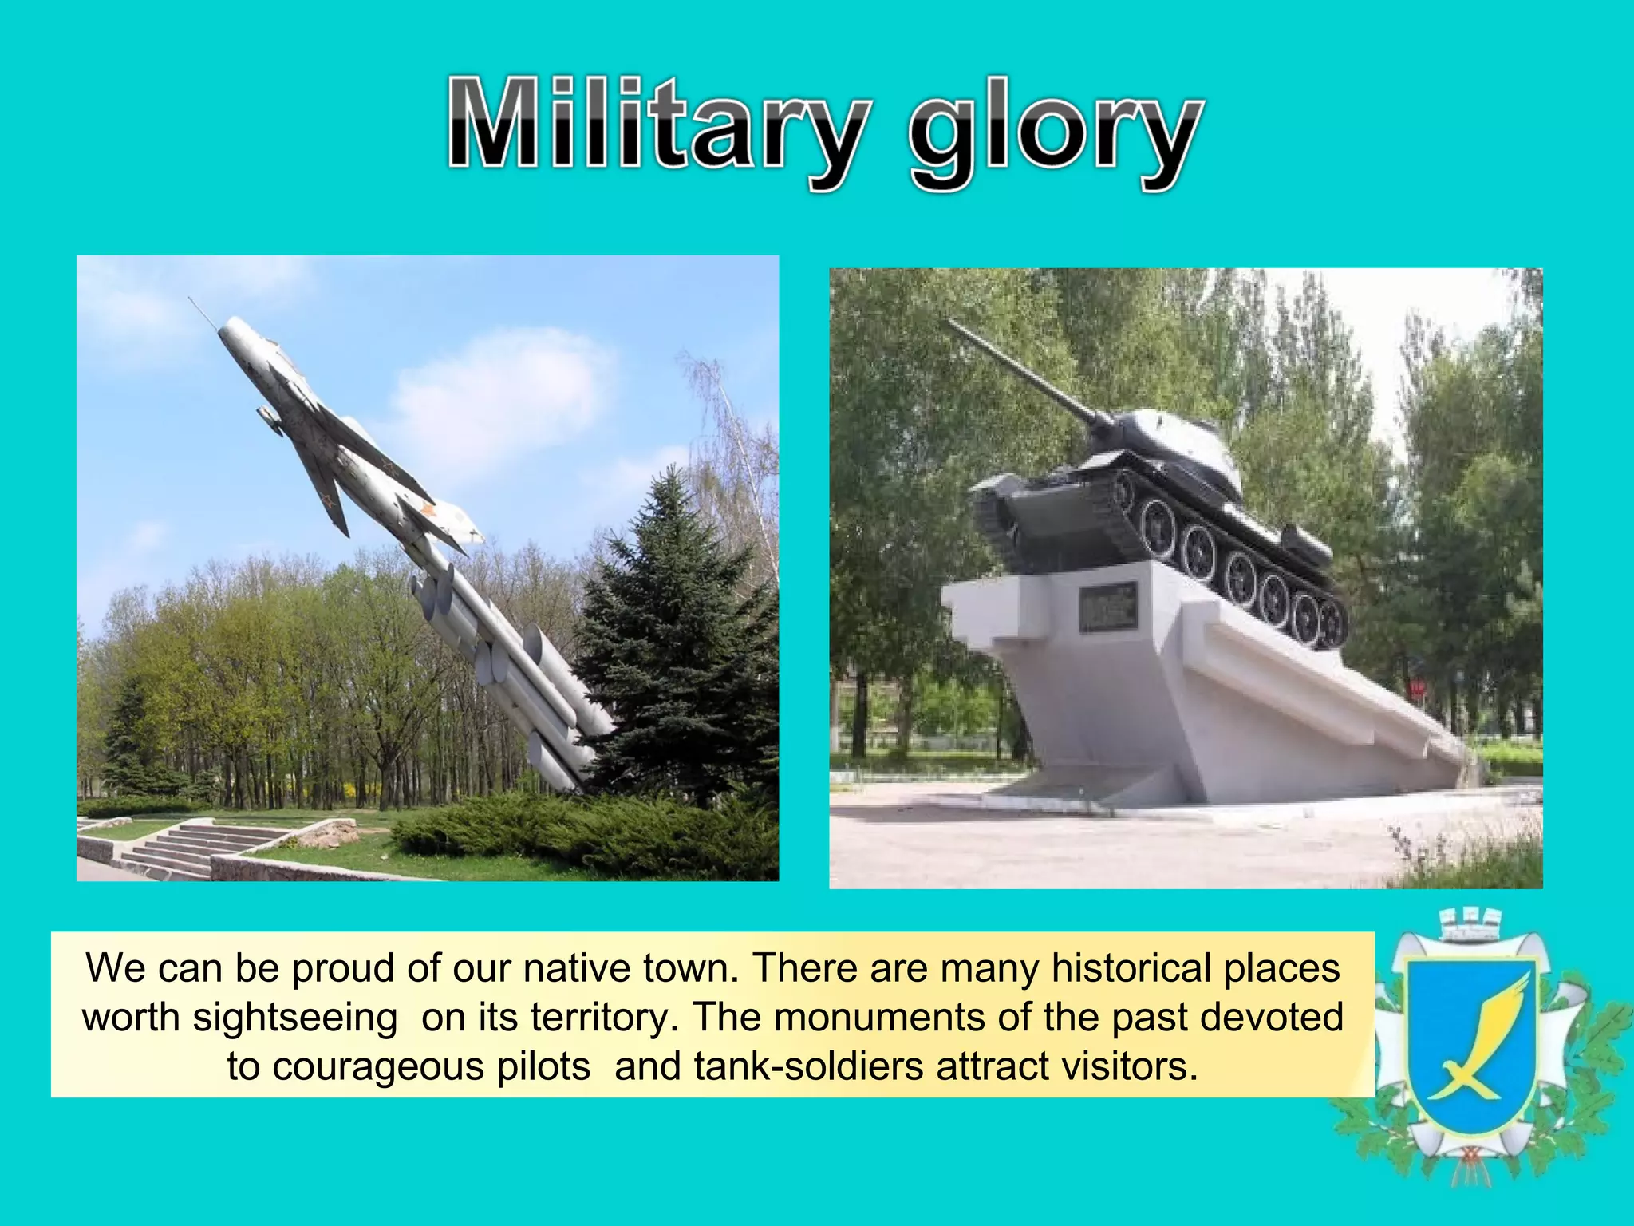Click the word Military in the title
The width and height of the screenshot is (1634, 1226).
coord(654,128)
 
